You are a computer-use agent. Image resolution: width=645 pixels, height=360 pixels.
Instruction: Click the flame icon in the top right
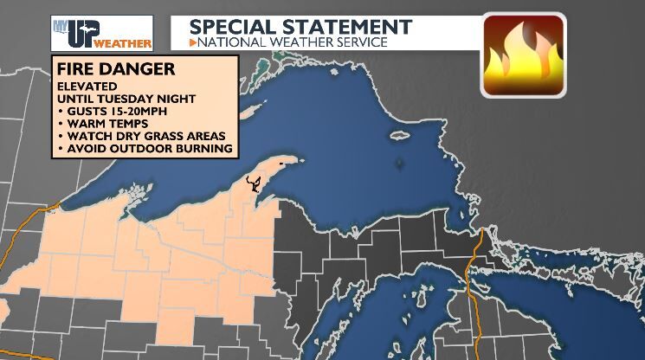click(x=522, y=55)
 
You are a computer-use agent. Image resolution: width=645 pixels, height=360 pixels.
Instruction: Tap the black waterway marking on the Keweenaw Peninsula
click(x=254, y=182)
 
